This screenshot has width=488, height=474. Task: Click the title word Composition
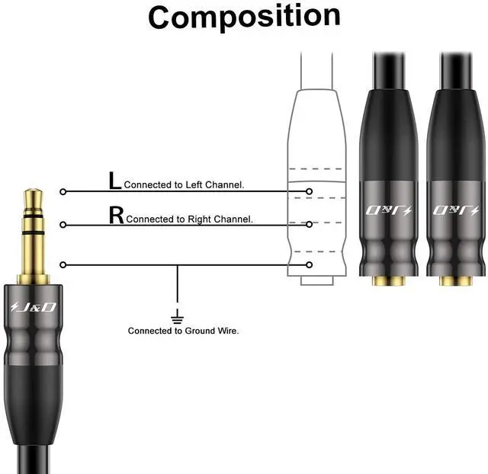coord(244,17)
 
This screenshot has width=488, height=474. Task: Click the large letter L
coord(114,181)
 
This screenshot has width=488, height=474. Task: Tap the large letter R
coord(117,215)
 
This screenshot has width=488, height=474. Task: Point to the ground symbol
coord(178,316)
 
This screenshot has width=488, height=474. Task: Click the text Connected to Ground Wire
coord(183,331)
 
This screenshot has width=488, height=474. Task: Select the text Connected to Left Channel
coord(184,184)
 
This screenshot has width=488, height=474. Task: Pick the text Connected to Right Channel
coord(189,219)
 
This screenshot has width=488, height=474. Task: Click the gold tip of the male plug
coord(34,200)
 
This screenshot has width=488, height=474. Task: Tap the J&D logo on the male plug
coord(33,307)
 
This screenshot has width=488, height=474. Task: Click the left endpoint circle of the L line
coord(63,191)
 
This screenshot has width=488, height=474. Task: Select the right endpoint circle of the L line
coord(309,191)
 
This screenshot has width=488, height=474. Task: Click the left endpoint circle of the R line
coord(63,225)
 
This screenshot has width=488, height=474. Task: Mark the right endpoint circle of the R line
coord(309,224)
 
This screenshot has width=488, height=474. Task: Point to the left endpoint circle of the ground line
coord(63,264)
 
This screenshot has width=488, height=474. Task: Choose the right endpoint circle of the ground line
coord(309,264)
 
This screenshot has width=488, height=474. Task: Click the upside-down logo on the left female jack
coord(389,210)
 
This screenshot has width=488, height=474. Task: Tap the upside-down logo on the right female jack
coord(456,210)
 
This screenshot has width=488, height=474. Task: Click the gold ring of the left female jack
coord(389,281)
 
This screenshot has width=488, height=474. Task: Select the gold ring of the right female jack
coord(456,281)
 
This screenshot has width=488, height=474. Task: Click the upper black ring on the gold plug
coord(34,216)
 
